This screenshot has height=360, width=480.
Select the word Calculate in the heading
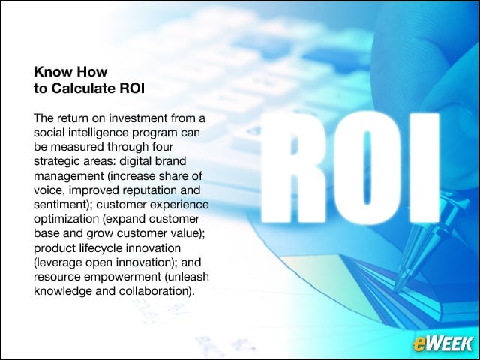[x=83, y=88]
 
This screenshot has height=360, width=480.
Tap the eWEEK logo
[x=442, y=343]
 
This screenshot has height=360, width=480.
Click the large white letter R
[x=293, y=168]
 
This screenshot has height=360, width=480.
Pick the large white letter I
[x=424, y=168]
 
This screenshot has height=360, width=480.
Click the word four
[x=163, y=147]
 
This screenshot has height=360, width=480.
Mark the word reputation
[x=150, y=190]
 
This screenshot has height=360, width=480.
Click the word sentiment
[x=61, y=205]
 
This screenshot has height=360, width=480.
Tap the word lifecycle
[x=100, y=248]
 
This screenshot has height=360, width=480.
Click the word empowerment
[x=122, y=277]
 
